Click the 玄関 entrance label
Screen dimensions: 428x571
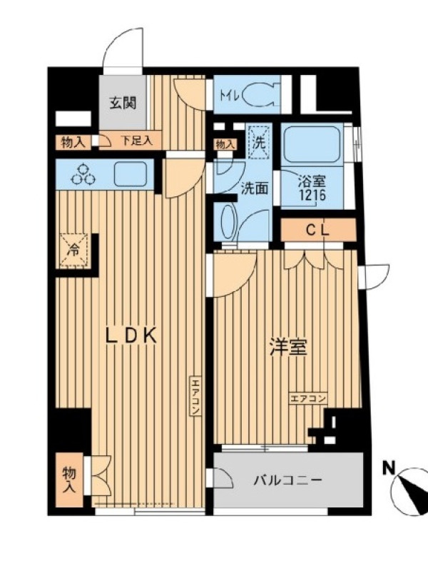(x=123, y=103)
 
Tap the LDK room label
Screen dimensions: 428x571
(x=131, y=335)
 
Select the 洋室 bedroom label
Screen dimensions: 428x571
(x=289, y=347)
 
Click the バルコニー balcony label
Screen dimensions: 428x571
(x=288, y=480)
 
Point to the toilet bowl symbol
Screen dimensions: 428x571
(x=260, y=96)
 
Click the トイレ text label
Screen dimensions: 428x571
(x=229, y=96)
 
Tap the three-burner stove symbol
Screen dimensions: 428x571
(x=83, y=174)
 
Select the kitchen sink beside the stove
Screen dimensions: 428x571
(x=131, y=174)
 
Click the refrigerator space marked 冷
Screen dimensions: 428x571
(x=74, y=251)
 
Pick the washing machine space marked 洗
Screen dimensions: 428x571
(x=259, y=141)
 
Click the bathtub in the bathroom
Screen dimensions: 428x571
(x=312, y=146)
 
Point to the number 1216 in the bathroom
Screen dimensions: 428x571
(x=312, y=196)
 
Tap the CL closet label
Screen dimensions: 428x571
(x=317, y=230)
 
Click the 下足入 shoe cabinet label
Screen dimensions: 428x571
(x=137, y=141)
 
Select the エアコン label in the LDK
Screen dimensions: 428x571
(x=195, y=397)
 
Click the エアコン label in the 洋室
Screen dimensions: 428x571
(x=308, y=398)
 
